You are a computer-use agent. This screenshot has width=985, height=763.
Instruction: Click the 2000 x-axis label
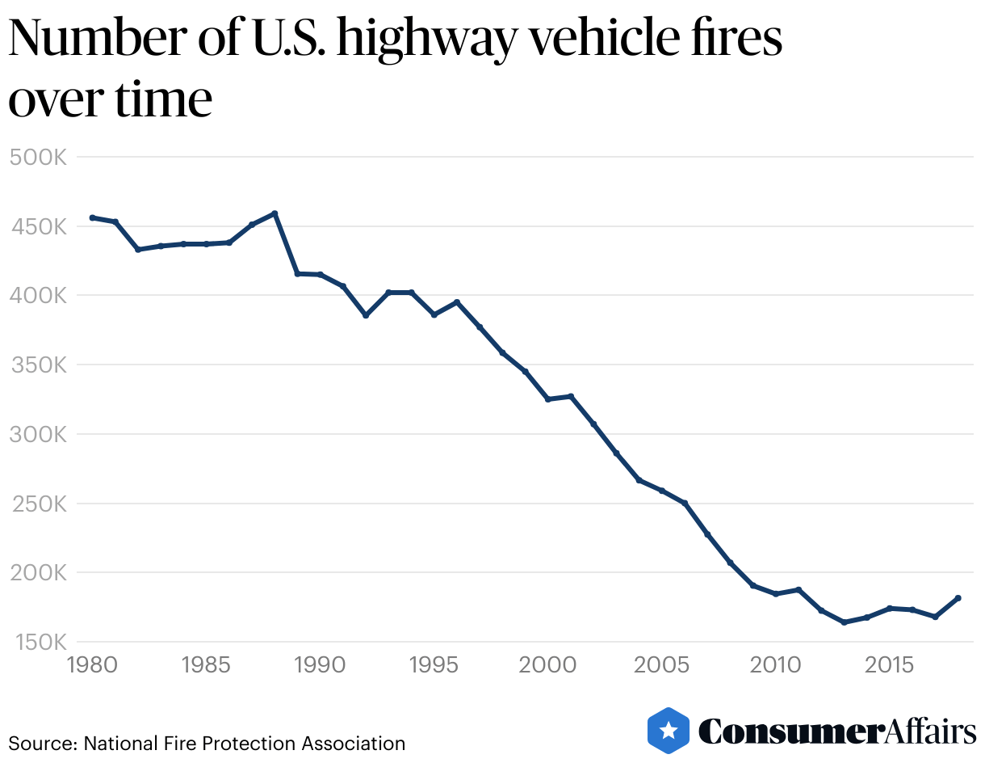pos(548,666)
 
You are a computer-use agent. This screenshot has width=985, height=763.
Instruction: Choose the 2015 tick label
pos(890,666)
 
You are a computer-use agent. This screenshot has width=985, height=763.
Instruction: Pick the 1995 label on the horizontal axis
pos(434,666)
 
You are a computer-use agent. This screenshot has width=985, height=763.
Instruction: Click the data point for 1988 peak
pos(275,213)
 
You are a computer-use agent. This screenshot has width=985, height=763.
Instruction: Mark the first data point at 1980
pos(92,217)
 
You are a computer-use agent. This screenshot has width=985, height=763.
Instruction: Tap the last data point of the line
pos(958,598)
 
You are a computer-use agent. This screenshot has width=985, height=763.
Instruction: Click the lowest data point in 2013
pos(844,622)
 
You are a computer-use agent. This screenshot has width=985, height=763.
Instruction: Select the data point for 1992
pos(366,315)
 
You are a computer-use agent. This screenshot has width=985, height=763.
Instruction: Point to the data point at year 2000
pos(548,399)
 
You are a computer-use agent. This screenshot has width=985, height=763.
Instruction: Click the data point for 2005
pos(662,491)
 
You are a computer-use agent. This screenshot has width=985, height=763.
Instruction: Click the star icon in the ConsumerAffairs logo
pos(669,731)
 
